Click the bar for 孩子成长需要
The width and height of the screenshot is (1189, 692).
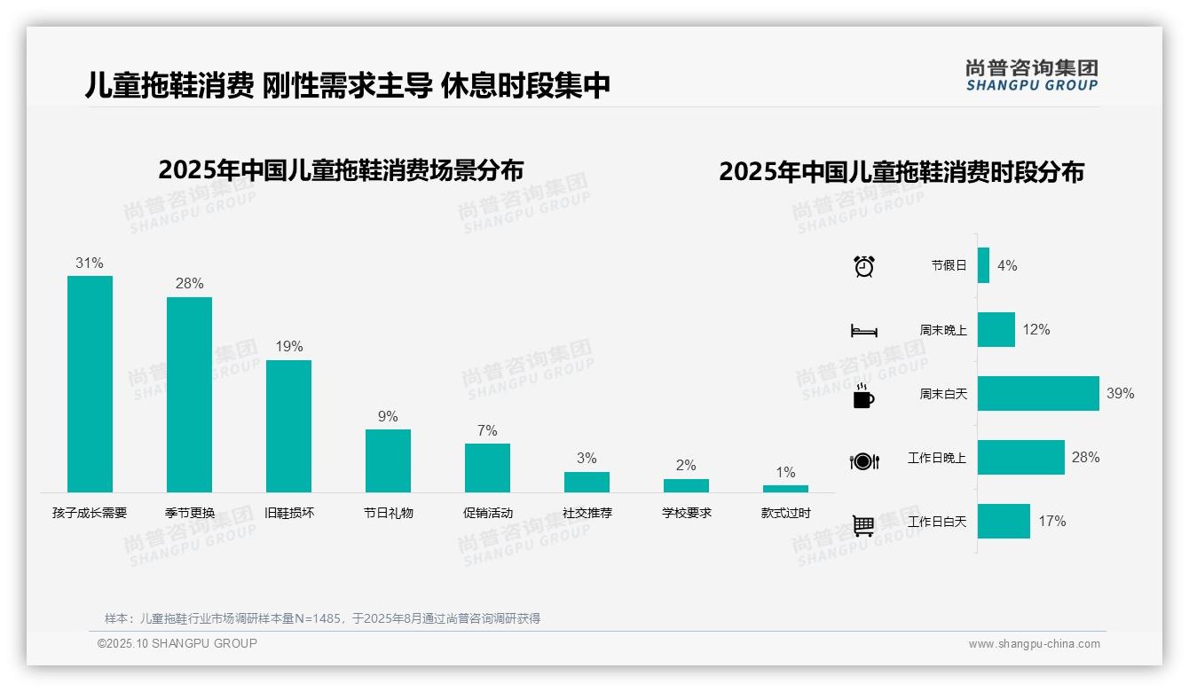point(90,383)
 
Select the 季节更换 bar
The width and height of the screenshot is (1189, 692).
point(189,394)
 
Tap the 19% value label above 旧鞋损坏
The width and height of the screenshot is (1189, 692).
point(288,347)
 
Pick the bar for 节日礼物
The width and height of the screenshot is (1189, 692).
point(388,460)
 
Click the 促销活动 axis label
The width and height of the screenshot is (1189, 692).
point(487,513)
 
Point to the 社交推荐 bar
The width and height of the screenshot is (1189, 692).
point(587,482)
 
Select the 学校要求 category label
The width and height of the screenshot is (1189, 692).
point(686,513)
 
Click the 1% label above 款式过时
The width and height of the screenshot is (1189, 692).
point(785,473)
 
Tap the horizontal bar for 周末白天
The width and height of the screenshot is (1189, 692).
point(1038,393)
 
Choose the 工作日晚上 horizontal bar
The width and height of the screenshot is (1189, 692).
point(1020,457)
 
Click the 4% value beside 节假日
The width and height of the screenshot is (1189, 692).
point(1007,265)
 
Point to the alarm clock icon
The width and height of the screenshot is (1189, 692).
point(863,266)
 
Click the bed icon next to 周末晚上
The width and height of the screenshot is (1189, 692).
point(863,331)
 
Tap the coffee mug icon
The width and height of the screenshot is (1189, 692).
point(863,396)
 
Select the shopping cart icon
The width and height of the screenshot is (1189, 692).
point(863,525)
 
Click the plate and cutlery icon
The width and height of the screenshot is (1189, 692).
point(863,460)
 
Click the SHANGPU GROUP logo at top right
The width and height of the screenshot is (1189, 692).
point(1031,75)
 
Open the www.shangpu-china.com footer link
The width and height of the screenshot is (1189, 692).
point(1034,644)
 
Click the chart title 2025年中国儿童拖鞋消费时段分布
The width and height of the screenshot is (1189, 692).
point(902,172)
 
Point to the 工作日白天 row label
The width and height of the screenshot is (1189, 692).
point(937,522)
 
